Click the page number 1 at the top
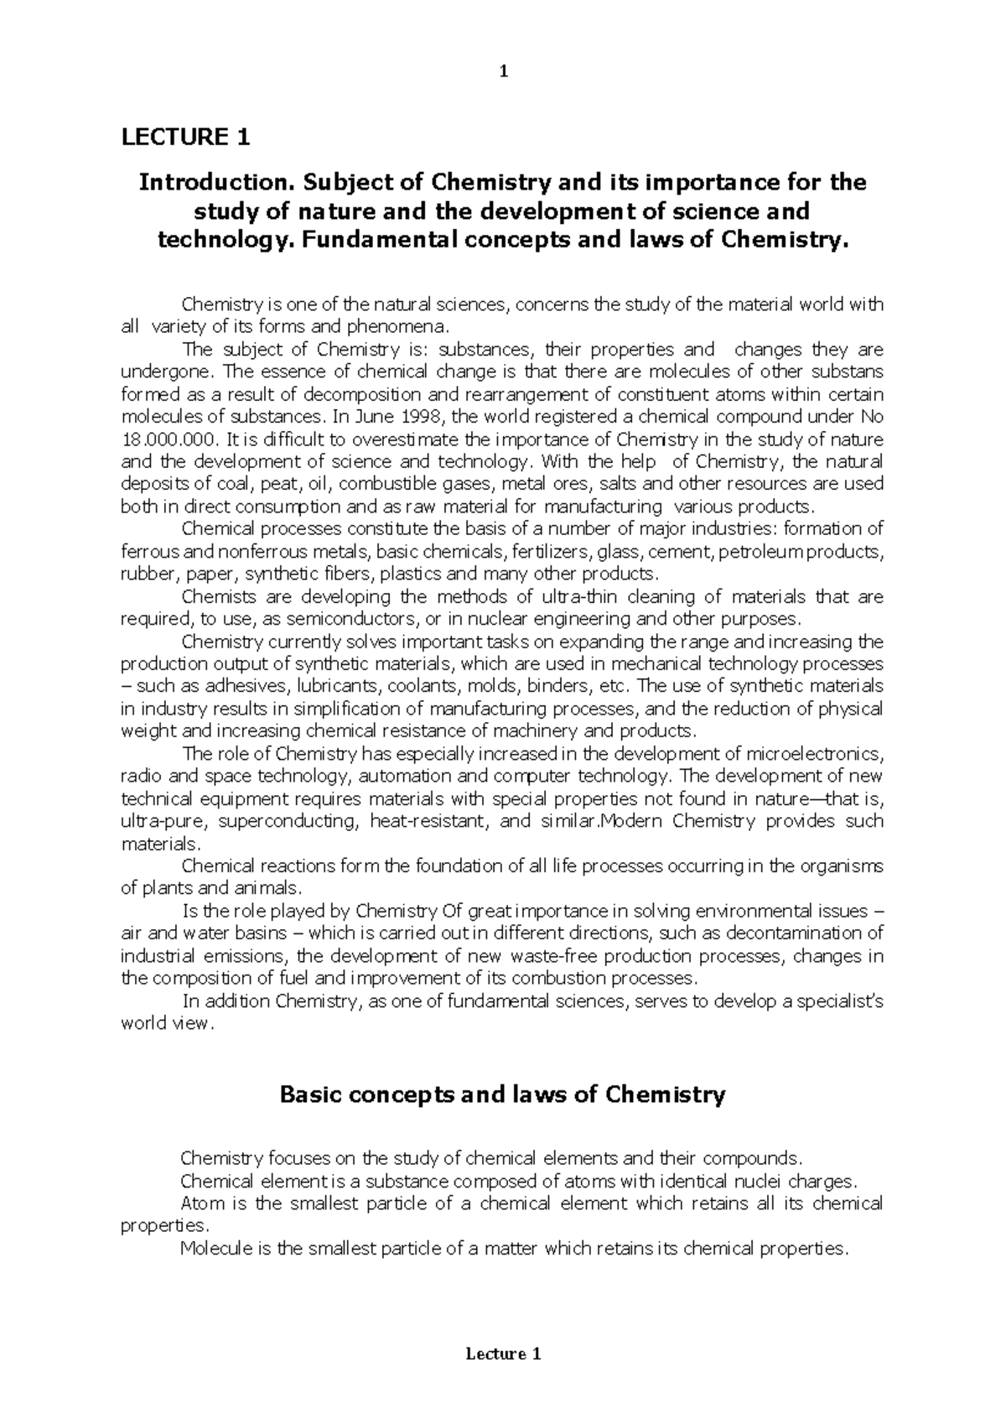pos(503,72)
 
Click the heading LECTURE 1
pos(185,137)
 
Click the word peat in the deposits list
pos(277,484)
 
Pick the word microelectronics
pos(812,754)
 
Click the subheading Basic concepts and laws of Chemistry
pos(502,1095)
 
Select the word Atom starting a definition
pos(201,1204)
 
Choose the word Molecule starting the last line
pos(216,1249)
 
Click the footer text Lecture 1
pos(503,1354)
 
